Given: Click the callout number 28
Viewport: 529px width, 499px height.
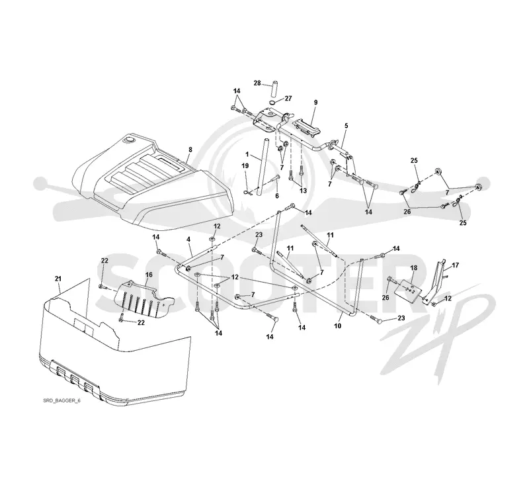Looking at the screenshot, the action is (x=257, y=83).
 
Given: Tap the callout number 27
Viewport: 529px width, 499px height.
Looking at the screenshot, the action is (x=288, y=98).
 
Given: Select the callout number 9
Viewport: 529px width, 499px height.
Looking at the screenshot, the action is (x=316, y=102).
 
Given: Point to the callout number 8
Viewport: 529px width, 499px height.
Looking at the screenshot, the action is (x=190, y=149).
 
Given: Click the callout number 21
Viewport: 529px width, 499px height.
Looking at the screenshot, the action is (x=58, y=279).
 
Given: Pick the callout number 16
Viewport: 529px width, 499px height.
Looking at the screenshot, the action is (x=149, y=275).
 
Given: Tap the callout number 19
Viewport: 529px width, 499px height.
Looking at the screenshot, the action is (x=245, y=165).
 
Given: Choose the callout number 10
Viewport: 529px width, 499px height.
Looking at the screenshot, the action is (x=338, y=326).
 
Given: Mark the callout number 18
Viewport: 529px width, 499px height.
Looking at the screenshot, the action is (x=414, y=268).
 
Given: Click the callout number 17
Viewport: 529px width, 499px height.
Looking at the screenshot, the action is (x=456, y=265).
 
